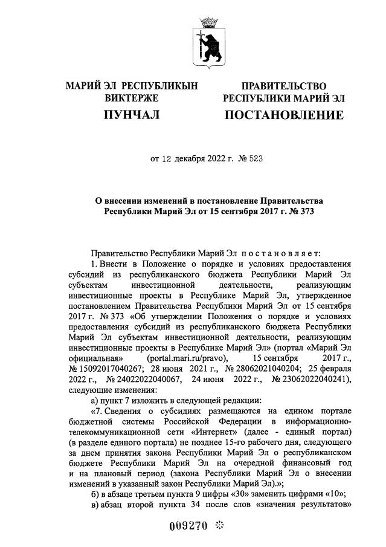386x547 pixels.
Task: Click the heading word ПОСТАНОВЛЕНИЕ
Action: point(283,115)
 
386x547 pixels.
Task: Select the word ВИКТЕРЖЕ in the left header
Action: point(132,98)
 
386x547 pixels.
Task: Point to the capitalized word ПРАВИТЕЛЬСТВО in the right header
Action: point(283,86)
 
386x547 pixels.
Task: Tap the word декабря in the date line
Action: point(191,160)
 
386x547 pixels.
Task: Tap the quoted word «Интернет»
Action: point(214,432)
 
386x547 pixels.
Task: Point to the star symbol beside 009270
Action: point(219,526)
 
